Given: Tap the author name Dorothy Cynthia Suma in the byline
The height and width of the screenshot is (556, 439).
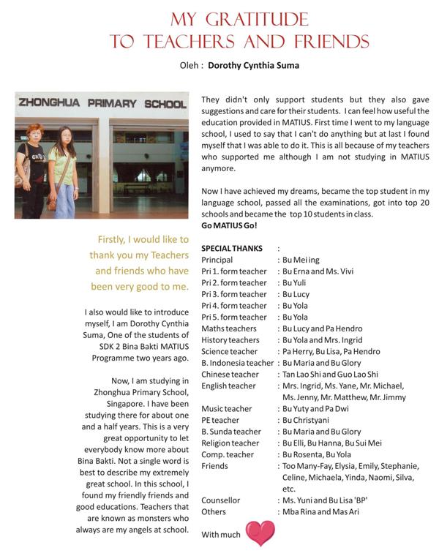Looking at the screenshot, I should click(x=252, y=65).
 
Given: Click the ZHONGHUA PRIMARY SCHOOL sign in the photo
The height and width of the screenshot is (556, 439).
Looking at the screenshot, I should click(x=102, y=103).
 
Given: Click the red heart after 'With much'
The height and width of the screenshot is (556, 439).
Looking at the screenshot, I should click(x=260, y=534).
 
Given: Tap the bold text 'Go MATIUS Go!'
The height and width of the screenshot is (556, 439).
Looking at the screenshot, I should click(x=229, y=226).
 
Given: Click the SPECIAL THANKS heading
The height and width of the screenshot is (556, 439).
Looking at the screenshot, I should click(x=232, y=249).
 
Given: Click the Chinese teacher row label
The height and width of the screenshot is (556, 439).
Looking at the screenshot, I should click(x=230, y=375).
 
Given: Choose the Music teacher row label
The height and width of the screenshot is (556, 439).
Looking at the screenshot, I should click(x=225, y=409).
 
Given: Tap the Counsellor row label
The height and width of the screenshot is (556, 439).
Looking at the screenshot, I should click(x=221, y=500).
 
